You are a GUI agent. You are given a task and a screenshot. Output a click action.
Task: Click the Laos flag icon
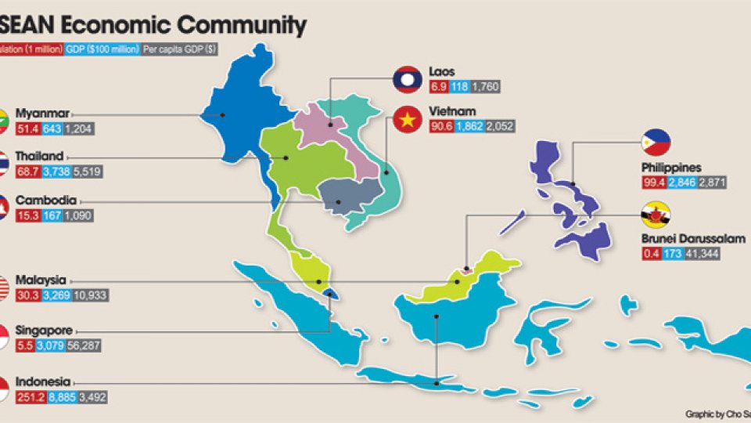pos(407,80)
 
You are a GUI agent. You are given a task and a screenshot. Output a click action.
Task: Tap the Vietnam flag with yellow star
pos(407,120)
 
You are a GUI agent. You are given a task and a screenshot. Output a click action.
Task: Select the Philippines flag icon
pos(656,143)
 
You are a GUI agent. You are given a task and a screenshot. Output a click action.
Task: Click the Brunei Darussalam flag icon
pos(656,213)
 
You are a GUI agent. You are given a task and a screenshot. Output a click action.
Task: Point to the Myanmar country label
pos(42,113)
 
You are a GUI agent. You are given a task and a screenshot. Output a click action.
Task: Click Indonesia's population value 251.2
pos(29,397)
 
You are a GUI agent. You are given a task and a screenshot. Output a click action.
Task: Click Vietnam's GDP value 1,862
pos(469,127)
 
